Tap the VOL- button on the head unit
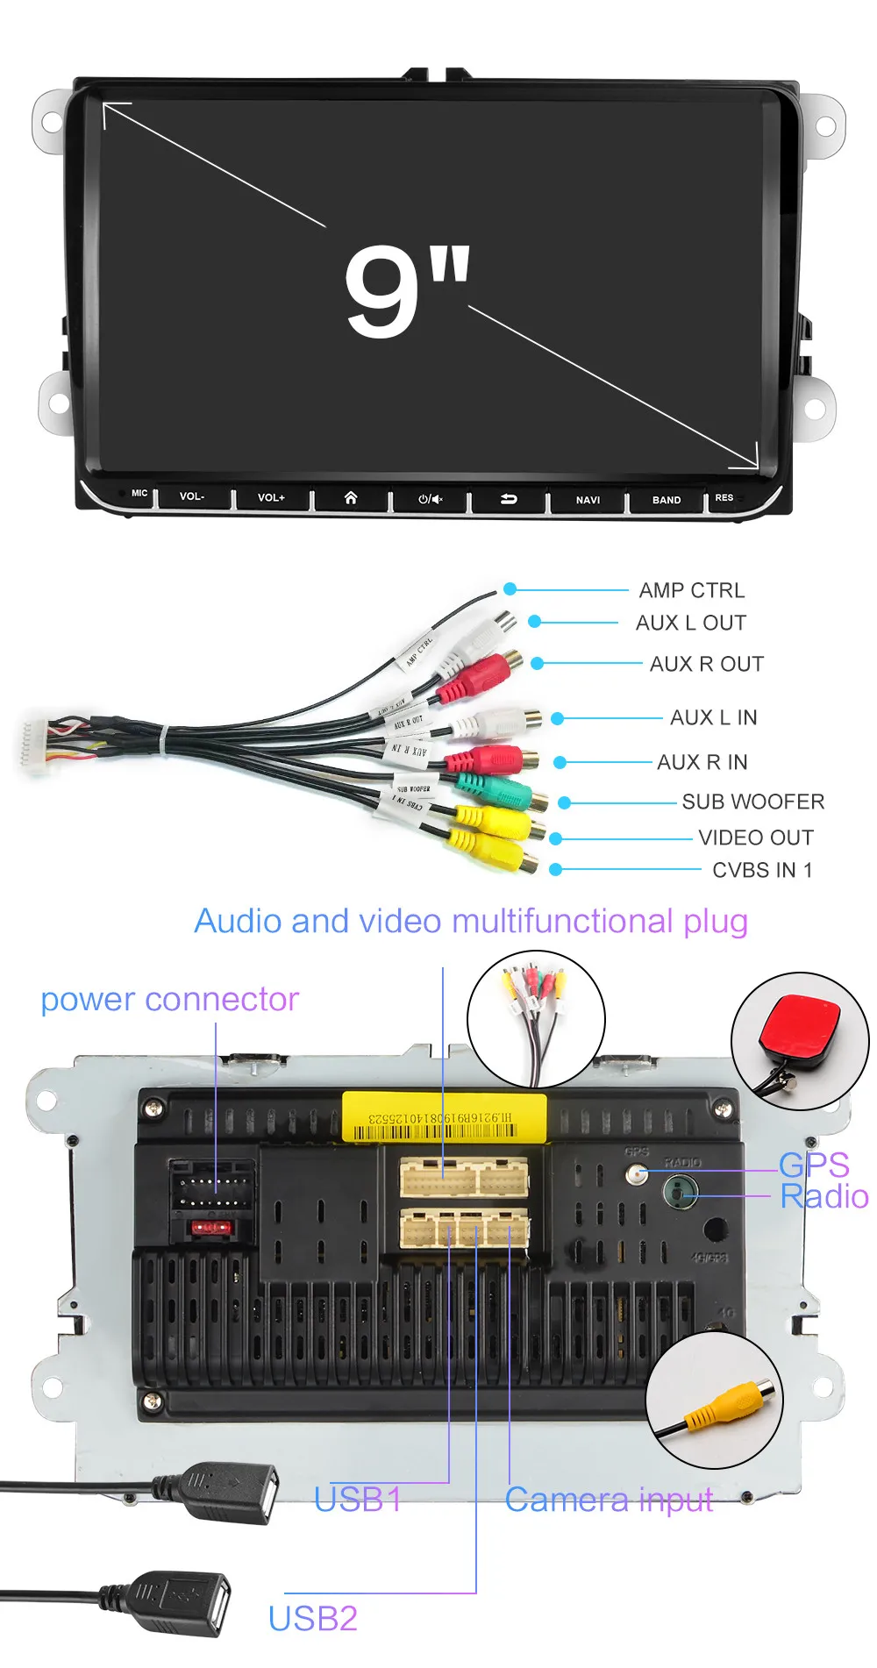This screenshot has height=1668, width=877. [x=192, y=497]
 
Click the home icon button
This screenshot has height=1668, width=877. [x=351, y=498]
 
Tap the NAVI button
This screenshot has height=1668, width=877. [x=588, y=500]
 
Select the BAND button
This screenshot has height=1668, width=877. [x=667, y=500]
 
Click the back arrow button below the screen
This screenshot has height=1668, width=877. [x=509, y=499]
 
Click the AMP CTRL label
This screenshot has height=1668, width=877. [x=691, y=590]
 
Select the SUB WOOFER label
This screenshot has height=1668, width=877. [x=752, y=802]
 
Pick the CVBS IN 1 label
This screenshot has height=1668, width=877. [x=762, y=870]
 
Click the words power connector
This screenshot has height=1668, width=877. [x=169, y=1000]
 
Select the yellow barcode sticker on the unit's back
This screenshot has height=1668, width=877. [x=444, y=1117]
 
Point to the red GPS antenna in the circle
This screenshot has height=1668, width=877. [x=800, y=1030]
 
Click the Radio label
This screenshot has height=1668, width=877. [x=824, y=1196]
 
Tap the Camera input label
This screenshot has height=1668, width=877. [x=609, y=1500]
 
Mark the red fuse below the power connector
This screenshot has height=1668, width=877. [x=211, y=1228]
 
